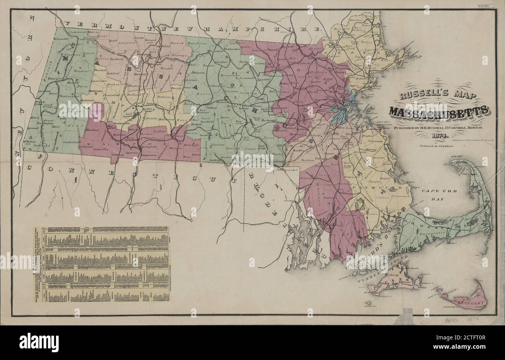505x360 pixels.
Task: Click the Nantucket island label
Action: pos(470,302)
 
